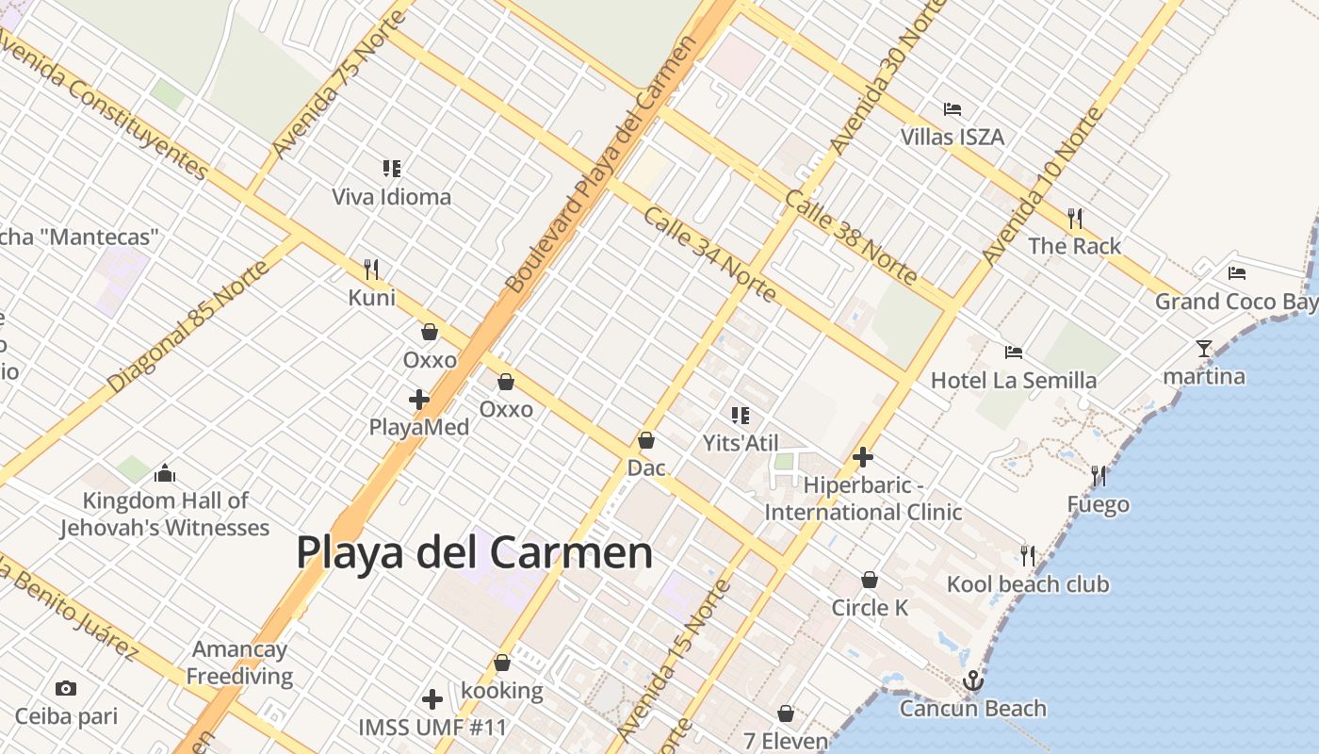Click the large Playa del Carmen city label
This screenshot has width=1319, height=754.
(474, 552)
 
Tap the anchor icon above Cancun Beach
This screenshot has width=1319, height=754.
(972, 680)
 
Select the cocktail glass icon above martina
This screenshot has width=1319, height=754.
(1203, 349)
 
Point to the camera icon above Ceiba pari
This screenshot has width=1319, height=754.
(66, 688)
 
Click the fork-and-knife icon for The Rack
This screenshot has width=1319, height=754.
(1074, 219)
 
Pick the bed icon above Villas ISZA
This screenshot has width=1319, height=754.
(953, 109)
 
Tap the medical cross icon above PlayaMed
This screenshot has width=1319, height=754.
(419, 400)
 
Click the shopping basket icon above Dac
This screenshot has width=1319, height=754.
(646, 440)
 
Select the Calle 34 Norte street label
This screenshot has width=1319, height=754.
(709, 254)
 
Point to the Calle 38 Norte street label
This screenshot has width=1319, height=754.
(851, 237)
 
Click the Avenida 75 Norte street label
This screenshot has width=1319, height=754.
(339, 85)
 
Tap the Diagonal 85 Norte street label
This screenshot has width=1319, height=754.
(188, 326)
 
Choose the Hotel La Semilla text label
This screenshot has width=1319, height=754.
(1014, 380)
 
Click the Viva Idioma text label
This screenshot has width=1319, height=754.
(391, 197)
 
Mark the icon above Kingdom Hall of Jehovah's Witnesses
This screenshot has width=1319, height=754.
(165, 473)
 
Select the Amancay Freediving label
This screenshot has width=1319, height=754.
(239, 663)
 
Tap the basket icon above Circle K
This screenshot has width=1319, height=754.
(870, 580)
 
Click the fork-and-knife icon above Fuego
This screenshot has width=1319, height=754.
(1098, 476)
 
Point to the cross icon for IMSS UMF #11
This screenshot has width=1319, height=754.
(432, 699)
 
